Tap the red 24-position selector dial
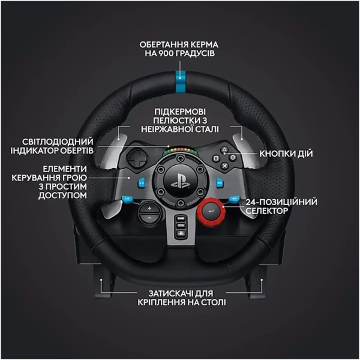tap(211, 211)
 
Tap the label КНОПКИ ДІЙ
tap(286, 154)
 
